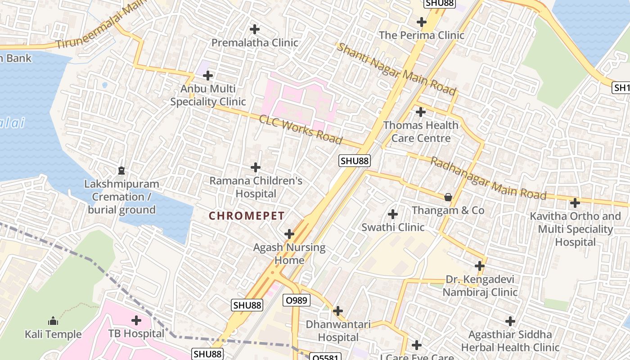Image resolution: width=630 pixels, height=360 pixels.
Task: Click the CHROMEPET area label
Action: click(247, 216)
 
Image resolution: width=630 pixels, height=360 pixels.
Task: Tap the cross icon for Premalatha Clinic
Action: click(255, 30)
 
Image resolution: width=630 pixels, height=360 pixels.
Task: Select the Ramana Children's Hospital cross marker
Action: click(256, 167)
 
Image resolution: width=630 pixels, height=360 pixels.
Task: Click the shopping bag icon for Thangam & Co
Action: click(448, 197)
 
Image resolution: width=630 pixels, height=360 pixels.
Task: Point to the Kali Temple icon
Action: click(53, 321)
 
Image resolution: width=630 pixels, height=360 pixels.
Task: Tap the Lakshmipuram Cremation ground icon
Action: click(121, 171)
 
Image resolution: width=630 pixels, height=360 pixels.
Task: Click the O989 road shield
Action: click(297, 300)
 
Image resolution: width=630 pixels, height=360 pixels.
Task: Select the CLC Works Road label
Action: click(301, 130)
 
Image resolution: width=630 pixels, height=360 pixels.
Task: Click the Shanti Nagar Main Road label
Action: click(396, 69)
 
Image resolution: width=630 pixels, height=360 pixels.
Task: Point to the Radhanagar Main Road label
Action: click(489, 179)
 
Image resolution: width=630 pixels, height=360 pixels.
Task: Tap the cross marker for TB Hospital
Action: click(136, 320)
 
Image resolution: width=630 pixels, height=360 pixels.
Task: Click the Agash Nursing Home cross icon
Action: click(289, 234)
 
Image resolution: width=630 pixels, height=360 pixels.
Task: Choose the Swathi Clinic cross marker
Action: click(393, 214)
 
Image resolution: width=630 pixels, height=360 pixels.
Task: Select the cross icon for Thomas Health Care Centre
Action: click(421, 112)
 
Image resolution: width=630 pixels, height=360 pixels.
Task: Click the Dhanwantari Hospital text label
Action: click(338, 331)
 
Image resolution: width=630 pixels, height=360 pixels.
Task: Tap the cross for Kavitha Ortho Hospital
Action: click(575, 203)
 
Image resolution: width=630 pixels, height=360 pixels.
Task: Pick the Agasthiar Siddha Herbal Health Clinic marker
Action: click(510, 321)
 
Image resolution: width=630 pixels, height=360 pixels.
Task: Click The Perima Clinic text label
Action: click(422, 35)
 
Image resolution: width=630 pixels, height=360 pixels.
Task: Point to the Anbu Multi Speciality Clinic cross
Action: click(208, 76)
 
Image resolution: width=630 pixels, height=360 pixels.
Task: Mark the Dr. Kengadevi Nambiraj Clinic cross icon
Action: click(480, 266)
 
